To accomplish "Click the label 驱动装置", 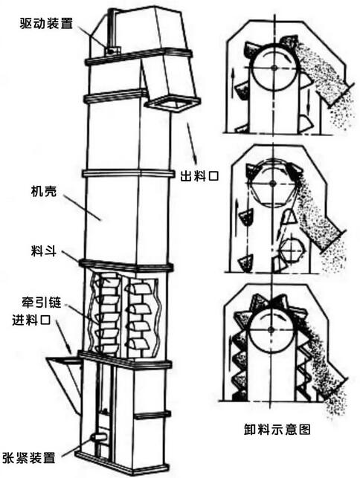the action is point(46,23).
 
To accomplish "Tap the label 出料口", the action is point(199,176).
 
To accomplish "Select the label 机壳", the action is point(44,192).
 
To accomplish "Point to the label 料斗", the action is point(44,251).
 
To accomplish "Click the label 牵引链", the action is point(41,302).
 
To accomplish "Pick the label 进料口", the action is point(31,320).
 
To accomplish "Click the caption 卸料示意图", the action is point(277,429).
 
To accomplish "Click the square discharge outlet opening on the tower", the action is point(173,104).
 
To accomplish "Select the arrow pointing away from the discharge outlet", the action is point(192,143).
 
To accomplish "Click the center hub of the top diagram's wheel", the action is point(274,68).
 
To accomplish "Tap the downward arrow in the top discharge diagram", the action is point(309,100).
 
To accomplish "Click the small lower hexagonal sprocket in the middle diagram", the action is point(292,250).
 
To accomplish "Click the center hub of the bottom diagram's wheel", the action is point(271,329).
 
